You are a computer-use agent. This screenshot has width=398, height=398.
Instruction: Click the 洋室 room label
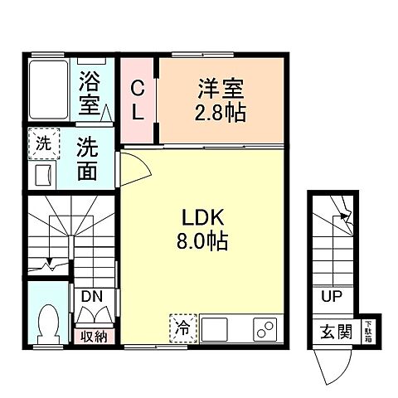pyautogui.click(x=219, y=86)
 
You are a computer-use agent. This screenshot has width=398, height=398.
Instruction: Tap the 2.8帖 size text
pyautogui.click(x=219, y=112)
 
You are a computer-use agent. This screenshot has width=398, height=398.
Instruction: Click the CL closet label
pyautogui.click(x=138, y=99)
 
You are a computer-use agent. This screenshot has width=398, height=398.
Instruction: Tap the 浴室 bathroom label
pyautogui.click(x=90, y=92)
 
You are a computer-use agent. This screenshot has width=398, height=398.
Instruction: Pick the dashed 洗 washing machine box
pyautogui.click(x=42, y=143)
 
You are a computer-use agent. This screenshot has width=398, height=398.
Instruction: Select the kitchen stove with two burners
pyautogui.click(x=265, y=331)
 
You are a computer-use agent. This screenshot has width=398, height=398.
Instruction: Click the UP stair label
pyautogui.click(x=330, y=295)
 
